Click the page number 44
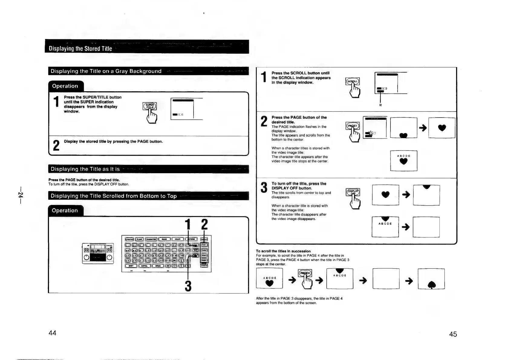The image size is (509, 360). click(x=52, y=333)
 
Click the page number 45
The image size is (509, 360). click(x=453, y=334)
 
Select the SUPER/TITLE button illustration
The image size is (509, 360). click(x=149, y=106)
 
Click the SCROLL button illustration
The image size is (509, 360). click(x=352, y=81)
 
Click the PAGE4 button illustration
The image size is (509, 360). click(x=305, y=273)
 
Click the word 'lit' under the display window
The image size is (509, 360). click(x=380, y=105)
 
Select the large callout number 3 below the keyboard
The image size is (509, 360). click(x=188, y=286)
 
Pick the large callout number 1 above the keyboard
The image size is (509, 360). click(x=188, y=225)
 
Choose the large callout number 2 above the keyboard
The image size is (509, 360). click(x=204, y=225)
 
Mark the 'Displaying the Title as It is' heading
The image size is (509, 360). click(x=85, y=169)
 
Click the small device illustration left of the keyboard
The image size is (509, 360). click(x=98, y=253)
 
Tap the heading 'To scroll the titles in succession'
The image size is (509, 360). click(x=283, y=251)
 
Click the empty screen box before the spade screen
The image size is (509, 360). click(x=386, y=278)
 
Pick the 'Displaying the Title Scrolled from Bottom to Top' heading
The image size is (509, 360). click(x=113, y=196)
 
